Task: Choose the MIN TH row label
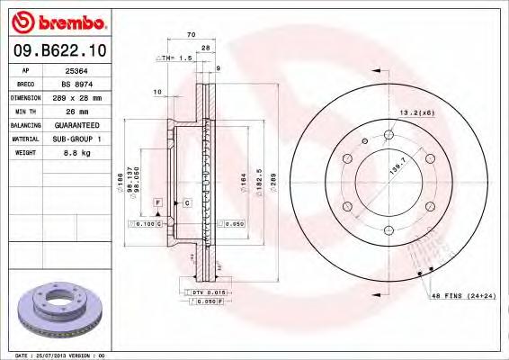click(x=26, y=112)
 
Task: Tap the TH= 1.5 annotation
click(x=175, y=58)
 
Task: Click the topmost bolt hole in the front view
click(x=389, y=136)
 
